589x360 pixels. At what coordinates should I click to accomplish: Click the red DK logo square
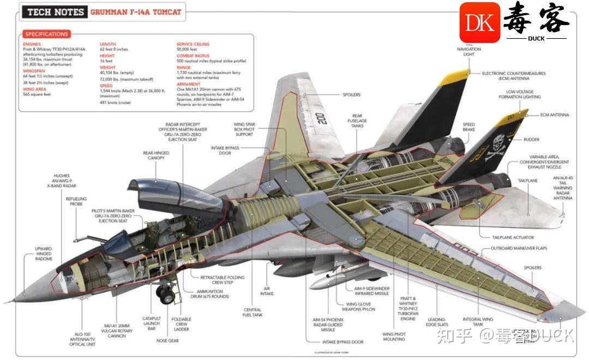pos(479,22)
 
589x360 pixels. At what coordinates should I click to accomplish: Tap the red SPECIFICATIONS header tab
pos(47,34)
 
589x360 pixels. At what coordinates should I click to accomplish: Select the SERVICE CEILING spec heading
pos(193,44)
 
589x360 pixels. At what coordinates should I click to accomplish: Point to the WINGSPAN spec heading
pos(34,71)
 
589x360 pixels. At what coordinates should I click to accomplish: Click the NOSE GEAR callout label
pos(167,341)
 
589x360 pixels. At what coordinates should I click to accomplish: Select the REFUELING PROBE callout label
pos(76,202)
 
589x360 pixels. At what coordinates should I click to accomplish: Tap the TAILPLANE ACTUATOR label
pos(513,237)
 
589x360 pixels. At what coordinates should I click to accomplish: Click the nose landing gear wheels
pos(165,295)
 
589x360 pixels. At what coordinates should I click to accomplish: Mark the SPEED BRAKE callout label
pos(468,127)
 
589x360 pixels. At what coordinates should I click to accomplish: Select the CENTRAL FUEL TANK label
pos(253,312)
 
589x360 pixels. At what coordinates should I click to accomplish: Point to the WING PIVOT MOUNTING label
pos(394,337)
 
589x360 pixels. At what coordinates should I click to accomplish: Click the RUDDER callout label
pos(531,140)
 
